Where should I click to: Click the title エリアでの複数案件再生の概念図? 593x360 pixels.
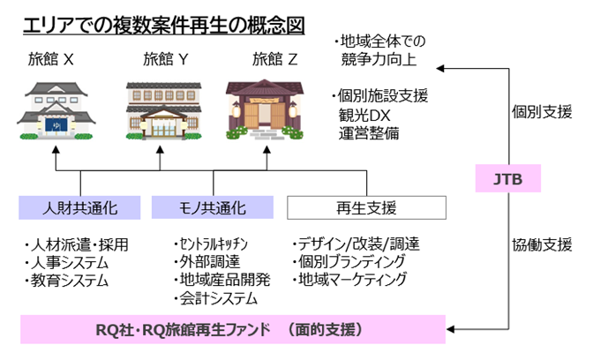(x=163, y=25)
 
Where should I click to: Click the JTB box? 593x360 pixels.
(x=507, y=179)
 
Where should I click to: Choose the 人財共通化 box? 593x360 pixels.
(x=80, y=207)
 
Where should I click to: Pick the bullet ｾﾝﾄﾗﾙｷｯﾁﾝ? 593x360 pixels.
(x=213, y=244)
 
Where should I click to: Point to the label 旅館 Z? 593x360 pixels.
(x=275, y=60)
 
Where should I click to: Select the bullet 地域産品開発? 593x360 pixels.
(x=221, y=281)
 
